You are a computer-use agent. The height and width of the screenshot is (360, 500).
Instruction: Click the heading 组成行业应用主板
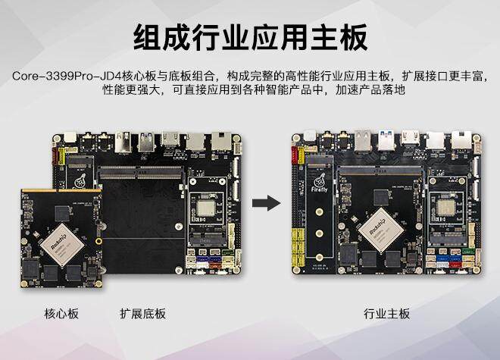point(250,36)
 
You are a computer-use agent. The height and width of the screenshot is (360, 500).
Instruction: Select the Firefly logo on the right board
point(321,185)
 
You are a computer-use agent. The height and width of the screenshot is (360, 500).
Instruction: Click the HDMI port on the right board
point(411,142)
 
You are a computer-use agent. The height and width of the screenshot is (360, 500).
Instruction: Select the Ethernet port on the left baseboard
point(221,142)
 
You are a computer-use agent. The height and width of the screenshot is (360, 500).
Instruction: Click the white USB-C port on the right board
point(436,140)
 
